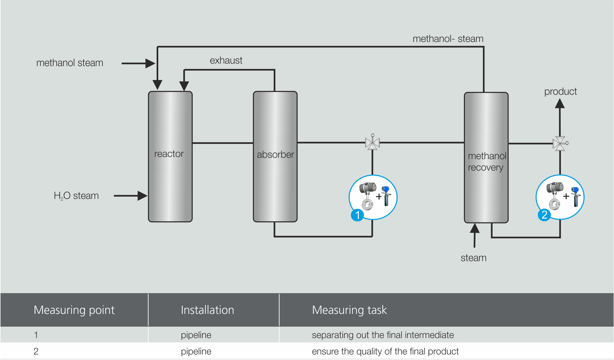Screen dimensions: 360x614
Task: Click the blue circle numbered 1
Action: (357, 215)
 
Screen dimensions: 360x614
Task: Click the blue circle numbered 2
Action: (544, 215)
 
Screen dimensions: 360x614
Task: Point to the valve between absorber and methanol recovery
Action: (372, 143)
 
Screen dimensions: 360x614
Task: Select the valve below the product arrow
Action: (560, 143)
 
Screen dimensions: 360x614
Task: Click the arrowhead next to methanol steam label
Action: (150, 63)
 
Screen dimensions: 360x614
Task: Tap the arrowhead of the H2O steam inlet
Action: (142, 196)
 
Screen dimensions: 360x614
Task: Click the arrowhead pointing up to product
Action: (560, 104)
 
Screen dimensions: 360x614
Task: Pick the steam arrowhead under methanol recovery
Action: (475, 228)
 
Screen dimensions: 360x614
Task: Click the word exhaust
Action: (226, 60)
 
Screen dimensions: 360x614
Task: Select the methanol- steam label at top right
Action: (448, 39)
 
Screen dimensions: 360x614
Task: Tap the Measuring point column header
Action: (74, 310)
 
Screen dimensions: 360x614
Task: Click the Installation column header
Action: (207, 310)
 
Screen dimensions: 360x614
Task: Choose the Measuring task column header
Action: (349, 310)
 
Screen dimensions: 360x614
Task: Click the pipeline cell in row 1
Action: (196, 335)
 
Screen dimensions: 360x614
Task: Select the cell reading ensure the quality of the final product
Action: (385, 351)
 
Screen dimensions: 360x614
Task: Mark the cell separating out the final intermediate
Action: (383, 335)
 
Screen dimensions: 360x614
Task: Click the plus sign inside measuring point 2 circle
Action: (566, 196)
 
